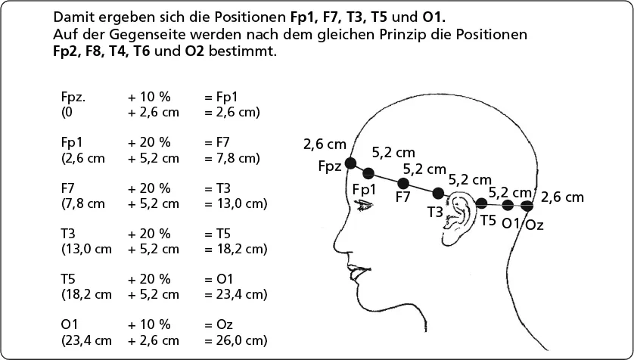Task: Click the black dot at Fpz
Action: [350, 163]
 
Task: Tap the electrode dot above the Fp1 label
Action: [368, 173]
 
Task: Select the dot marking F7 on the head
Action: [403, 183]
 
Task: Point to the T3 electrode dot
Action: [437, 193]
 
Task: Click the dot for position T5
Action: [481, 203]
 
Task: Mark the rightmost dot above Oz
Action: [527, 206]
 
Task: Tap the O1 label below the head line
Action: [511, 223]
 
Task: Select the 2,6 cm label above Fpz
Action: [325, 144]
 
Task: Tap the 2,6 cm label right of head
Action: [563, 197]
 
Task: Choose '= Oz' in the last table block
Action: [217, 324]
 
